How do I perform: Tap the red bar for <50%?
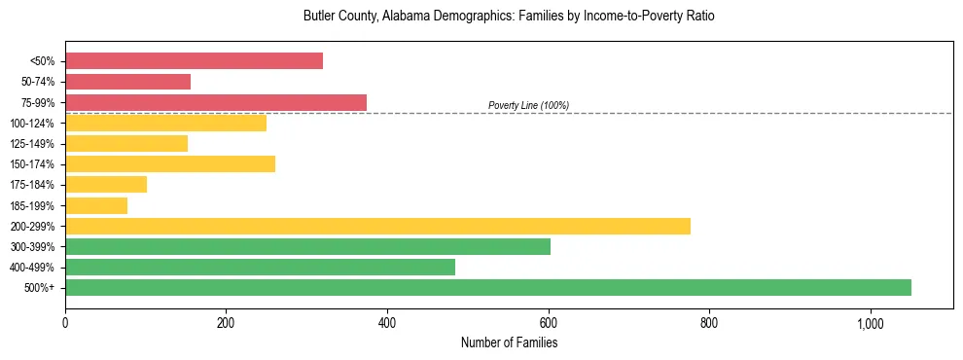pyautogui.click(x=194, y=61)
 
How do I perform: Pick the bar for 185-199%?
pyautogui.click(x=96, y=205)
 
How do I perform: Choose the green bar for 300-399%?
pyautogui.click(x=307, y=246)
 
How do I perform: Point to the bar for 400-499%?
pyautogui.click(x=260, y=267)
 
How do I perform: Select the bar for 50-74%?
pyautogui.click(x=127, y=82)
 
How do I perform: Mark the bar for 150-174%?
pyautogui.click(x=170, y=163)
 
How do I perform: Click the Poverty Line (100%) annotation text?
pyautogui.click(x=528, y=105)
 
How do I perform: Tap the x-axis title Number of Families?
pyautogui.click(x=509, y=342)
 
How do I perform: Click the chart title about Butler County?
pyautogui.click(x=509, y=17)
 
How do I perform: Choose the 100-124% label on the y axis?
pyautogui.click(x=32, y=124)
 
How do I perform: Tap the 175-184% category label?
pyautogui.click(x=32, y=185)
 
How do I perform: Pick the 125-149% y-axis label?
pyautogui.click(x=32, y=144)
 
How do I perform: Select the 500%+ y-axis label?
pyautogui.click(x=39, y=288)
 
